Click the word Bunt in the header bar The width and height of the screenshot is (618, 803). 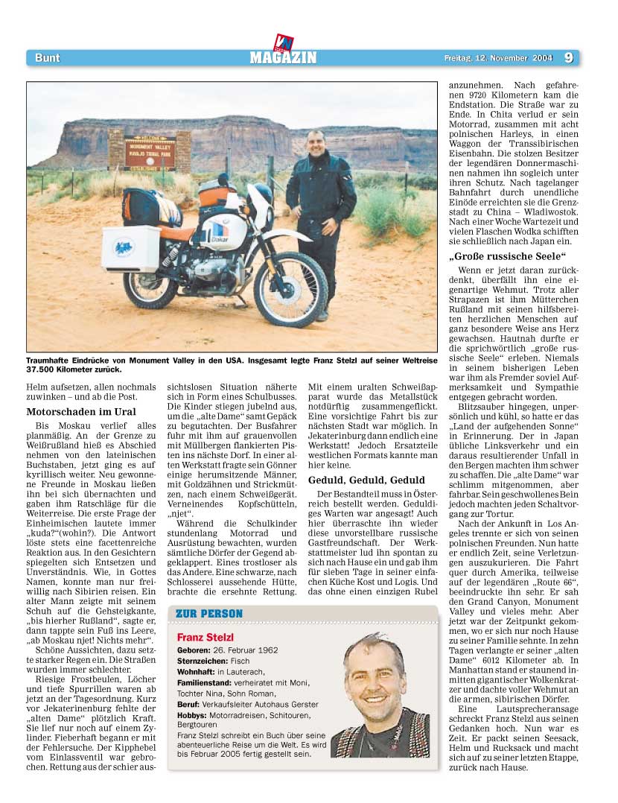(47, 58)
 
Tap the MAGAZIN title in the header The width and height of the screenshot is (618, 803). (283, 58)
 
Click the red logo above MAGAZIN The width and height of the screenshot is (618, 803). (284, 42)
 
